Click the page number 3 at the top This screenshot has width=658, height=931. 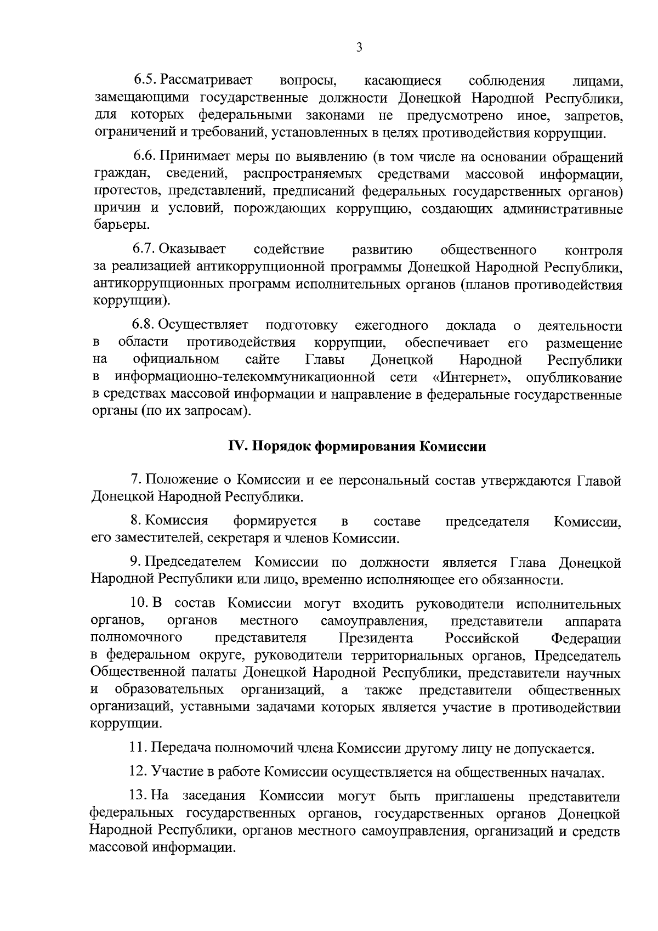(359, 48)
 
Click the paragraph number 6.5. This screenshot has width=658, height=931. (146, 81)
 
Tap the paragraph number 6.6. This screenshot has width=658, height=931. (146, 157)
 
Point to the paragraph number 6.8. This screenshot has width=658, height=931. (146, 326)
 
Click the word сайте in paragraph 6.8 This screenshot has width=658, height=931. (262, 360)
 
